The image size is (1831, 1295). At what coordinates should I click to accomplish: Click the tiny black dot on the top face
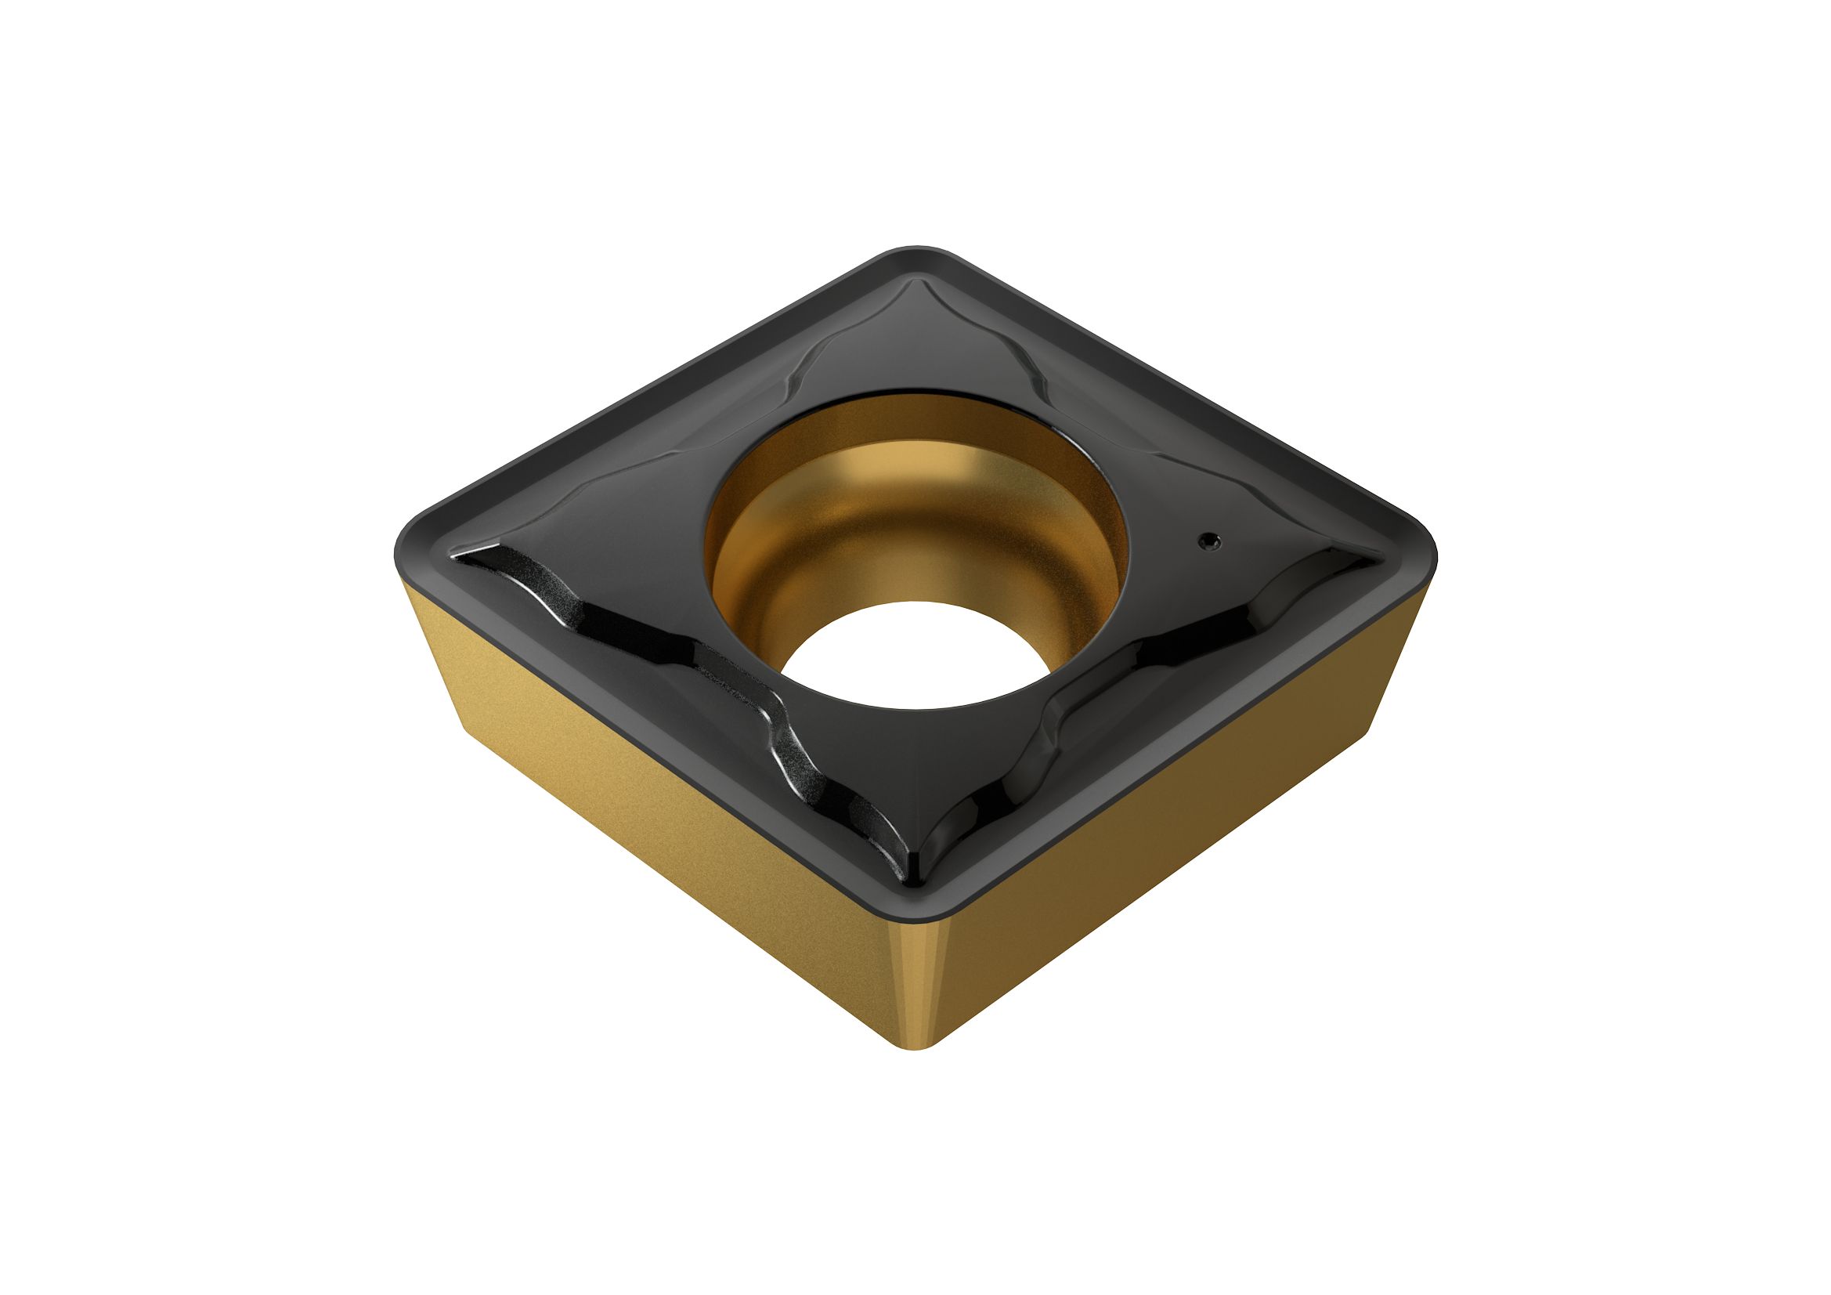click(x=1210, y=542)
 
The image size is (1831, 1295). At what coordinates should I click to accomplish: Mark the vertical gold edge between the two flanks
click(x=917, y=974)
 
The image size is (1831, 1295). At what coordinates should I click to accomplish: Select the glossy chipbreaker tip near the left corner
click(x=467, y=559)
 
